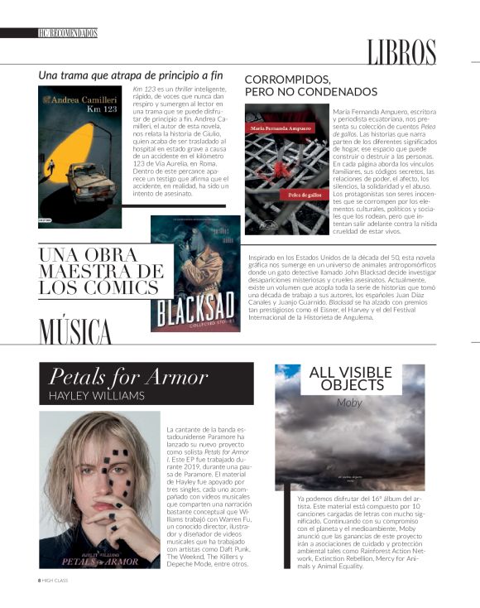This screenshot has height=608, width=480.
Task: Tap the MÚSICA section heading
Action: pyautogui.click(x=74, y=331)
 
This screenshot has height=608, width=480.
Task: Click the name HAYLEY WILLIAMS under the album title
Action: pyautogui.click(x=97, y=397)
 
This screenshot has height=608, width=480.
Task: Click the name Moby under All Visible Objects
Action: pyautogui.click(x=349, y=403)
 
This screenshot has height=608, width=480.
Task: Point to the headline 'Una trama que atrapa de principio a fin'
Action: pyautogui.click(x=132, y=75)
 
